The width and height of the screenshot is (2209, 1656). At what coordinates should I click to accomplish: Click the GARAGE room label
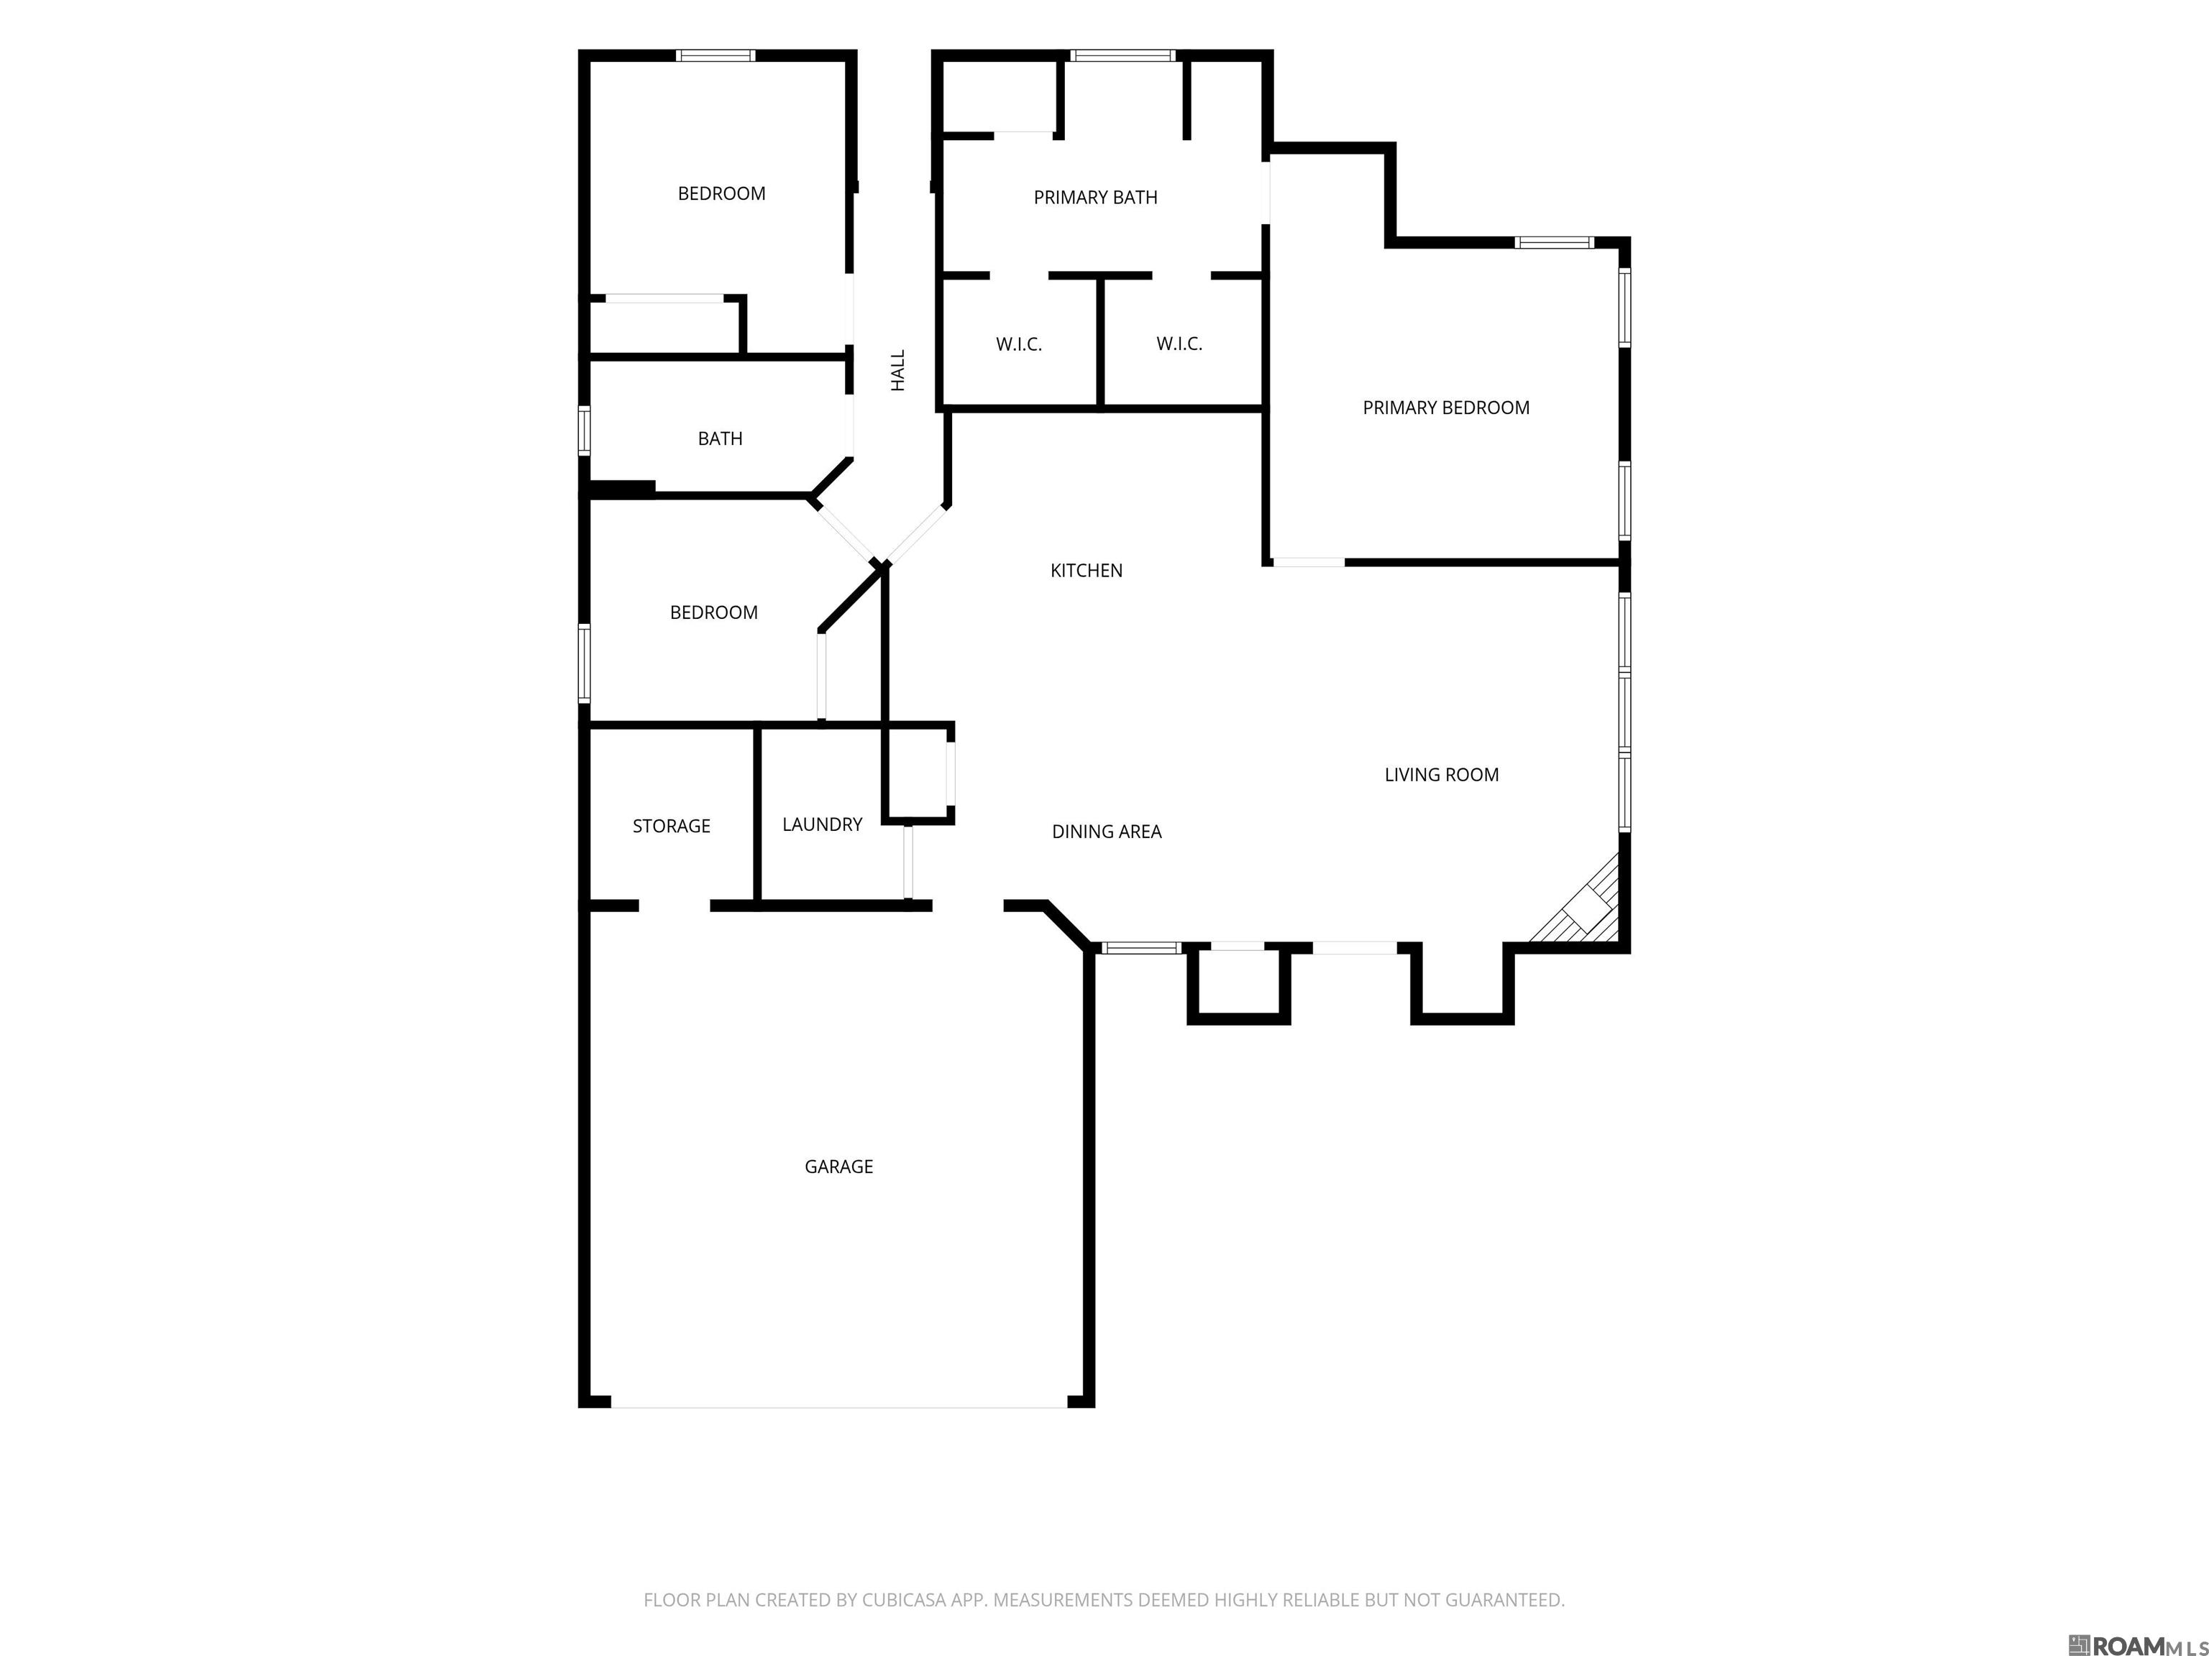pyautogui.click(x=839, y=1166)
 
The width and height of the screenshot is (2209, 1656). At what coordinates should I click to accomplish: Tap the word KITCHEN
pyautogui.click(x=1087, y=570)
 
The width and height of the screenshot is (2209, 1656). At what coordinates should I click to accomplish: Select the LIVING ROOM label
pyautogui.click(x=1441, y=775)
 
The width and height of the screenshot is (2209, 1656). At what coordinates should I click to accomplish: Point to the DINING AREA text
pyautogui.click(x=1107, y=832)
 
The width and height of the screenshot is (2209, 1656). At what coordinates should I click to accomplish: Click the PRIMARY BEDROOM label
pyautogui.click(x=1446, y=408)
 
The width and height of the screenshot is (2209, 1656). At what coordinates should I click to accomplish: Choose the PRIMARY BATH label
pyautogui.click(x=1096, y=198)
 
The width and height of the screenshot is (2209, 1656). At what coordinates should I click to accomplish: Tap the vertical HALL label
pyautogui.click(x=898, y=370)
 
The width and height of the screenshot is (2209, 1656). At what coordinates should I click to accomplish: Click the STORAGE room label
pyautogui.click(x=671, y=826)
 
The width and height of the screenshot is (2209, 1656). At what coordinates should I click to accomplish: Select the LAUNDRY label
pyautogui.click(x=822, y=824)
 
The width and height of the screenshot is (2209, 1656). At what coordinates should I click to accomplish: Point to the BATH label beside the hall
pyautogui.click(x=720, y=438)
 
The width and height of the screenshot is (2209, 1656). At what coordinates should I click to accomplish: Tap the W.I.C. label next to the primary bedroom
pyautogui.click(x=1179, y=344)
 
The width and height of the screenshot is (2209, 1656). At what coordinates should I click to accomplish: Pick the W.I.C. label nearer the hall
pyautogui.click(x=1019, y=344)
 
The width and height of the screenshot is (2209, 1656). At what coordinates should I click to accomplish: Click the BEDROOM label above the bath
pyautogui.click(x=721, y=193)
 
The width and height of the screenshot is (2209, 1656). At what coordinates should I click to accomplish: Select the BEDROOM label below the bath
pyautogui.click(x=713, y=613)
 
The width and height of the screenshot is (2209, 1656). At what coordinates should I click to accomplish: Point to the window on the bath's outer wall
pyautogui.click(x=584, y=431)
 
